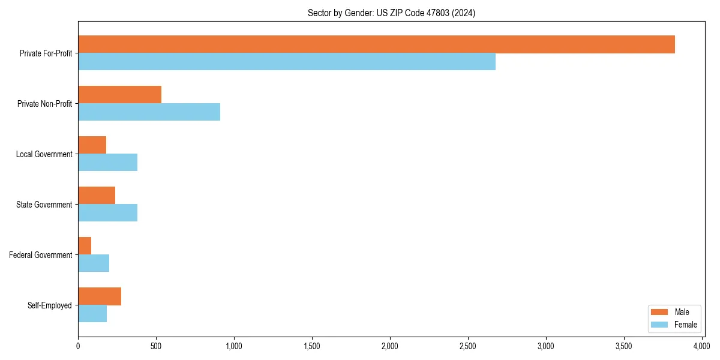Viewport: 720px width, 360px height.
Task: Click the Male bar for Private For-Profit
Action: pyautogui.click(x=376, y=44)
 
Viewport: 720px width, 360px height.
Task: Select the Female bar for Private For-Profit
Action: pyautogui.click(x=287, y=62)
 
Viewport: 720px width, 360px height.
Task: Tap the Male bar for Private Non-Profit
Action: pyautogui.click(x=119, y=95)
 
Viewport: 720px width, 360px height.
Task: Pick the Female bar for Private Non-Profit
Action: pyautogui.click(x=149, y=112)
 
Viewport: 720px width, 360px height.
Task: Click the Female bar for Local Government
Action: pyautogui.click(x=107, y=163)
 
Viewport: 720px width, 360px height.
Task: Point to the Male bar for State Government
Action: pyautogui.click(x=97, y=196)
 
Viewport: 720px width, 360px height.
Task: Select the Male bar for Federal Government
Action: pyautogui.click(x=85, y=246)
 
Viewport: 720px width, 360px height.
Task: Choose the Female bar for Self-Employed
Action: pyautogui.click(x=92, y=314)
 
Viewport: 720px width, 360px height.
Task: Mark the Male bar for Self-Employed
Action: pyautogui.click(x=100, y=296)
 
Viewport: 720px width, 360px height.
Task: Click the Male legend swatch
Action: pyautogui.click(x=659, y=312)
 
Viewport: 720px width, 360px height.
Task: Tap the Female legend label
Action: pyautogui.click(x=686, y=325)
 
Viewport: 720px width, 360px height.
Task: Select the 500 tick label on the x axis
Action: pyautogui.click(x=156, y=346)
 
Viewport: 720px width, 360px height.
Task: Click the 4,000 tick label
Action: pyautogui.click(x=702, y=346)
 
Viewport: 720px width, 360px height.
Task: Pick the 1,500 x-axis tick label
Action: pyautogui.click(x=312, y=346)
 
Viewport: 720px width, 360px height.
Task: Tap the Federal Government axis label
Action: pyautogui.click(x=41, y=255)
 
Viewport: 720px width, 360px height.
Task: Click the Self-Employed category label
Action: pyautogui.click(x=50, y=305)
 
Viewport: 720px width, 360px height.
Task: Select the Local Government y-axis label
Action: pyautogui.click(x=44, y=154)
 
